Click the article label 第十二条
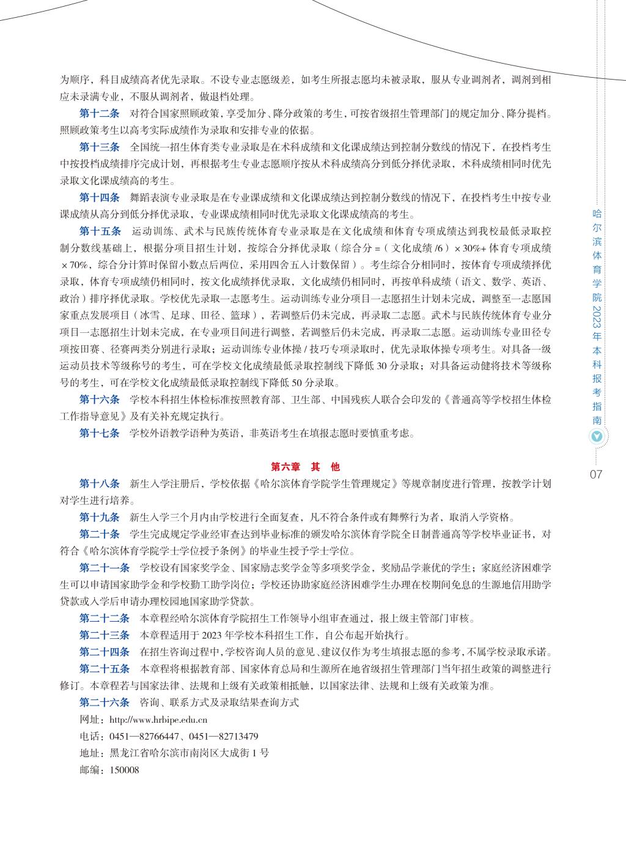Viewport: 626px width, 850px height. pyautogui.click(x=100, y=113)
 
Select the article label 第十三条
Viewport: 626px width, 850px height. pyautogui.click(x=100, y=147)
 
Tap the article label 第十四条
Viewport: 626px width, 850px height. pyautogui.click(x=100, y=198)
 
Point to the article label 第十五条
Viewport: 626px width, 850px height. pyautogui.click(x=100, y=231)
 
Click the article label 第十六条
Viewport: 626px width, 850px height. pyautogui.click(x=100, y=400)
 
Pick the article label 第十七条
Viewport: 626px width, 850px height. pyautogui.click(x=100, y=434)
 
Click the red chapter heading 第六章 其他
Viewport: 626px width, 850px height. pyautogui.click(x=305, y=466)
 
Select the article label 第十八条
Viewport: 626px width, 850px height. pyautogui.click(x=100, y=483)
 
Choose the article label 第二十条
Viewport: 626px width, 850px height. pyautogui.click(x=100, y=534)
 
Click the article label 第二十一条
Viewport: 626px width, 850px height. pyautogui.click(x=105, y=567)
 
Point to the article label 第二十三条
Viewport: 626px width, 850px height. pyautogui.click(x=105, y=635)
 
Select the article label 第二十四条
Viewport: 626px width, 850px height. pyautogui.click(x=105, y=651)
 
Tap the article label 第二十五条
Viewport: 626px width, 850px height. pyautogui.click(x=105, y=668)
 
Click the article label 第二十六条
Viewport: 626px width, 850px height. pyautogui.click(x=105, y=702)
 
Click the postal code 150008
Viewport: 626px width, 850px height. pyautogui.click(x=124, y=770)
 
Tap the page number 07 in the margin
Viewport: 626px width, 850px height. pyautogui.click(x=597, y=474)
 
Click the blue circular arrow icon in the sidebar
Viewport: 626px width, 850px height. pyautogui.click(x=597, y=437)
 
